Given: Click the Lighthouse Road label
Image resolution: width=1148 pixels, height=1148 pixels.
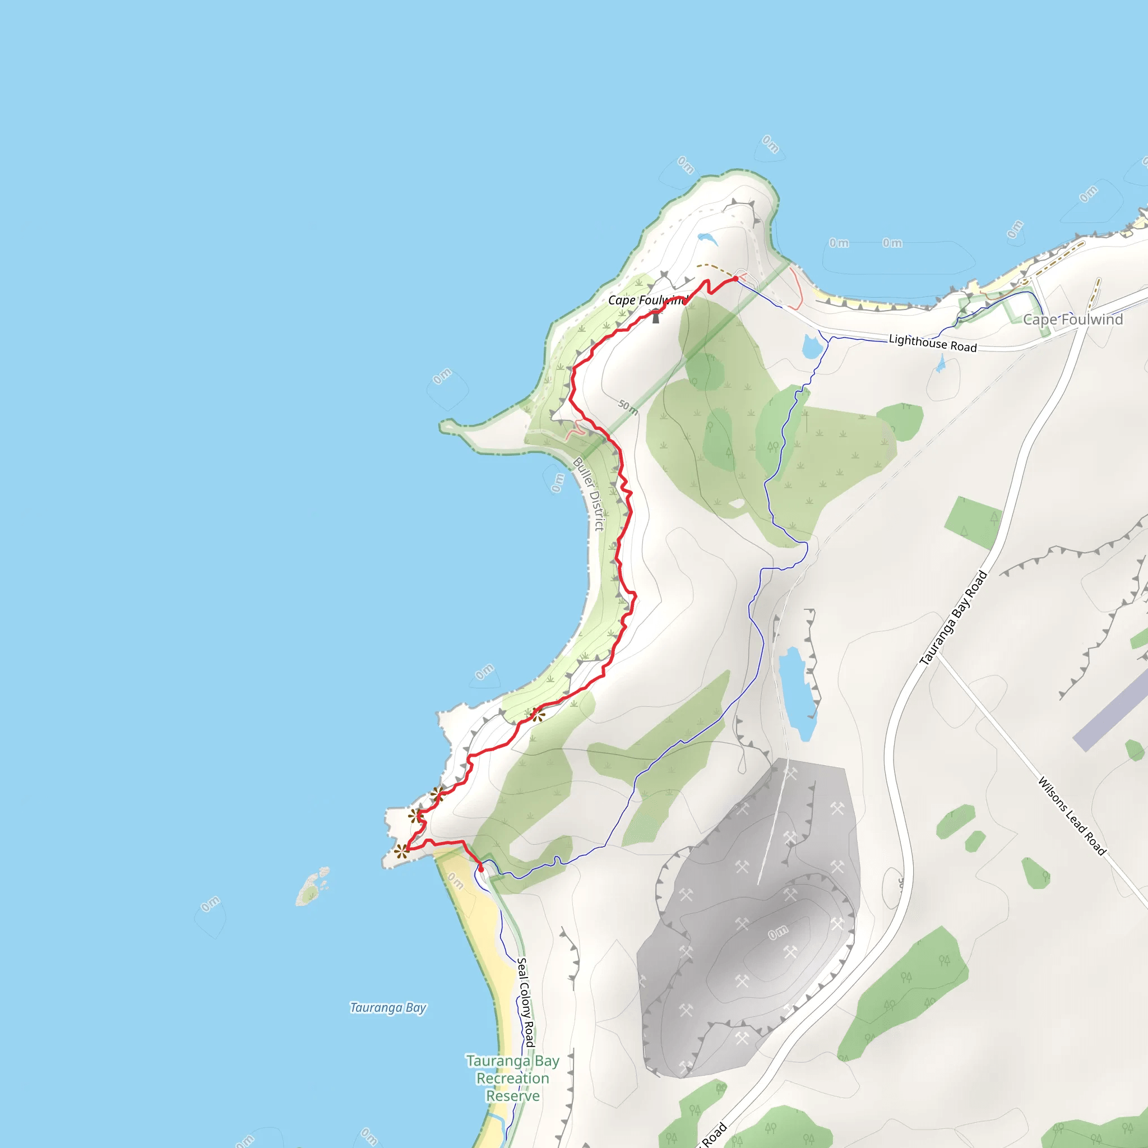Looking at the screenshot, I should [932, 344].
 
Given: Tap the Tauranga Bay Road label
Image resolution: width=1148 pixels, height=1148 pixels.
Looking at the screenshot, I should [953, 618].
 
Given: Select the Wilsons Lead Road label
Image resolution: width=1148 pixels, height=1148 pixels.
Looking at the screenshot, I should [1072, 816].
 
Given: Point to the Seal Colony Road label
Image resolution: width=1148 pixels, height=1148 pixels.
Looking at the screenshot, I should [525, 1002].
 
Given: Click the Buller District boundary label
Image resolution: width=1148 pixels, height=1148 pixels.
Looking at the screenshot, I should [588, 493].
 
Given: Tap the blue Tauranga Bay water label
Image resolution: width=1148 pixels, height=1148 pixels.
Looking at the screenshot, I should [388, 1007].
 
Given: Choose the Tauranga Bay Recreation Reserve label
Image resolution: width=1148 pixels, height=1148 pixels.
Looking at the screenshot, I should [512, 1078].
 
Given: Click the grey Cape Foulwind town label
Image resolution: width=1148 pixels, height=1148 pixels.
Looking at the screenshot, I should [1072, 320].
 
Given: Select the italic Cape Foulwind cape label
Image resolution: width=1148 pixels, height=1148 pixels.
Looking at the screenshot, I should [646, 300].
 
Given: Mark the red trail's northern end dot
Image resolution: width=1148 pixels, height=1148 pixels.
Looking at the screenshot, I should [735, 279].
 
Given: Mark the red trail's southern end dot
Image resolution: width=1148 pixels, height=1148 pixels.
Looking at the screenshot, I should [481, 869].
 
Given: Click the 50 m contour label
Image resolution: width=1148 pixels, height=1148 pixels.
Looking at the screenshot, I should [628, 407].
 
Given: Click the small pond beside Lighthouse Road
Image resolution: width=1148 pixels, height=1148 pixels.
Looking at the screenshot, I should [812, 347].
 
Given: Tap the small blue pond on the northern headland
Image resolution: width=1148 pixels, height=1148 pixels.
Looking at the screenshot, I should [707, 238].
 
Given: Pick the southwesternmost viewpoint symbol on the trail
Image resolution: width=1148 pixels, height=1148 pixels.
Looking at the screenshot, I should [402, 851].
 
